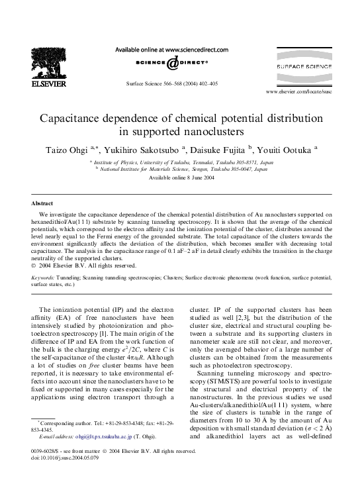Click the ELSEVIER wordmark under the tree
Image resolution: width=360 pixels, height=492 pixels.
click(42, 84)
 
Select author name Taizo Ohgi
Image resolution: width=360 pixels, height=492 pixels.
click(64, 150)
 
